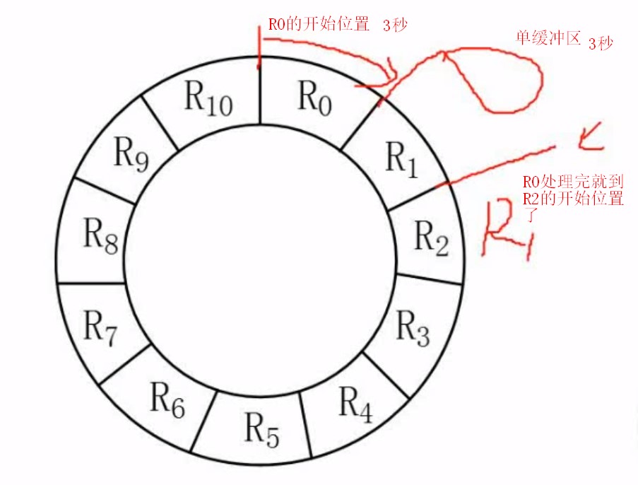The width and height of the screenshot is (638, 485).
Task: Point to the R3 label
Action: coord(413,327)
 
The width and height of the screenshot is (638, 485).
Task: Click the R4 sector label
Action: coord(355,403)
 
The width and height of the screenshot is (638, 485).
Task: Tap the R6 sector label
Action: coord(168,400)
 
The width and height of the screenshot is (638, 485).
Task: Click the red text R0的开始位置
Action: coord(319,25)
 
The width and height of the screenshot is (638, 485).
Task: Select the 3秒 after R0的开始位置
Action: coord(396,25)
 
